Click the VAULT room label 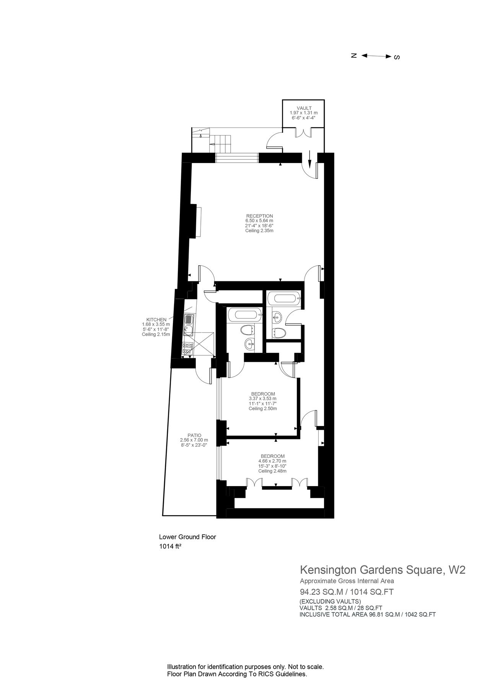click(x=304, y=108)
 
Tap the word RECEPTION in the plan click(x=259, y=216)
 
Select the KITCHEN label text click(x=156, y=320)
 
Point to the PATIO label click(x=194, y=435)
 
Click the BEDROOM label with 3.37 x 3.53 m click(x=263, y=394)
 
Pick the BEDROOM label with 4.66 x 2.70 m click(x=272, y=456)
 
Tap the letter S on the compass click(x=397, y=57)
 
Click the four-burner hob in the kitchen click(x=188, y=349)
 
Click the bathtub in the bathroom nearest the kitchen click(x=244, y=315)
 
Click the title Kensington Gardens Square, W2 click(x=383, y=570)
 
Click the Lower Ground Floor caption click(x=188, y=537)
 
